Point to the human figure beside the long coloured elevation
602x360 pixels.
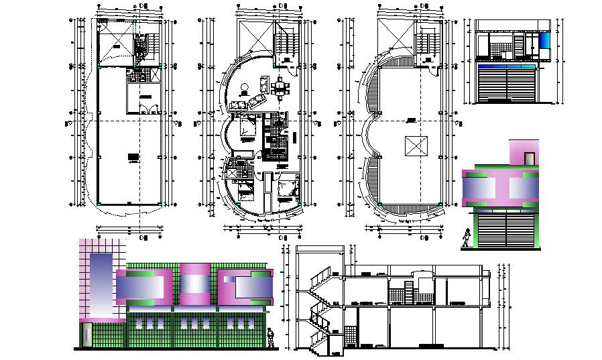pyautogui.click(x=270, y=338)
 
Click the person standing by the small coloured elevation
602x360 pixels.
pyautogui.click(x=467, y=238)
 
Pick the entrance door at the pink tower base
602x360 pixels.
pyautogui.click(x=86, y=335)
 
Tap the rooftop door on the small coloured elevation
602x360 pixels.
pyautogui.click(x=529, y=159)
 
